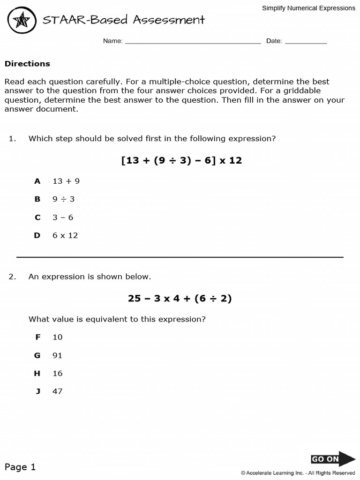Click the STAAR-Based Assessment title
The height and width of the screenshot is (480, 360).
pyautogui.click(x=124, y=20)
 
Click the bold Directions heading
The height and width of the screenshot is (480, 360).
pyautogui.click(x=27, y=64)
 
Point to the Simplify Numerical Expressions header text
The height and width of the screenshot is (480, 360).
pyautogui.click(x=308, y=8)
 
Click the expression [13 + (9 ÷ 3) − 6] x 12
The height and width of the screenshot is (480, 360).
pyautogui.click(x=181, y=160)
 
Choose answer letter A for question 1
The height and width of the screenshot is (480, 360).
pyautogui.click(x=37, y=181)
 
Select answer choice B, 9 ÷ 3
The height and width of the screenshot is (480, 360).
pyautogui.click(x=63, y=199)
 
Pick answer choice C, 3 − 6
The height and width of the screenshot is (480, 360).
pyautogui.click(x=63, y=217)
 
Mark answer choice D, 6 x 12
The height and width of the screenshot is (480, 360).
pyautogui.click(x=65, y=235)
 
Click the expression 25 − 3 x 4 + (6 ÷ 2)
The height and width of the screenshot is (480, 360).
pyautogui.click(x=180, y=298)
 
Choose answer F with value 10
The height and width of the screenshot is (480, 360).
pyautogui.click(x=57, y=337)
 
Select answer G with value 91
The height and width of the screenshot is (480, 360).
pyautogui.click(x=57, y=355)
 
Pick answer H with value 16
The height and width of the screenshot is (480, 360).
pyautogui.click(x=57, y=374)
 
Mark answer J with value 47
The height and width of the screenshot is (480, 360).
pyautogui.click(x=57, y=391)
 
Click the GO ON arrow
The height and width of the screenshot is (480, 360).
pyautogui.click(x=333, y=459)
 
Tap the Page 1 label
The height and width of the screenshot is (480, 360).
pyautogui.click(x=20, y=467)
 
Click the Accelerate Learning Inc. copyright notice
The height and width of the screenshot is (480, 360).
pyautogui.click(x=298, y=473)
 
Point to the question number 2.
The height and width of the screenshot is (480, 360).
pyautogui.click(x=12, y=277)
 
